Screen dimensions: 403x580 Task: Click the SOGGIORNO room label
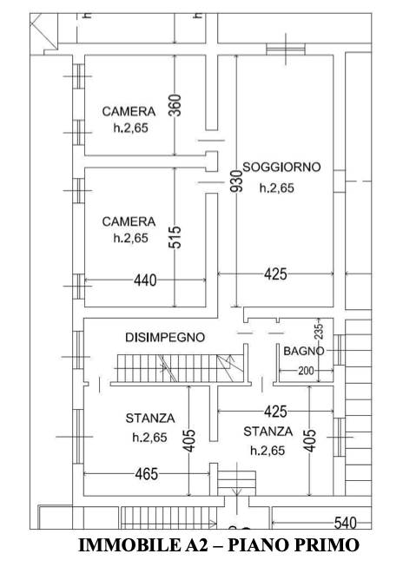281,168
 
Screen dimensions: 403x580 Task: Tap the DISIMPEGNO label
165,338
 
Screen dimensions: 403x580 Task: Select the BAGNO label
304,351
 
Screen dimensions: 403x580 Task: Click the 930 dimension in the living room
237,181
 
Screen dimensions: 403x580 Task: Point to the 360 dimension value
175,105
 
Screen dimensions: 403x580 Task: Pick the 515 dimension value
175,237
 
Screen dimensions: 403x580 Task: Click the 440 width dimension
145,280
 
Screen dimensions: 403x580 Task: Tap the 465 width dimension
147,474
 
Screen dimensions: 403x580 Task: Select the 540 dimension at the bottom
346,523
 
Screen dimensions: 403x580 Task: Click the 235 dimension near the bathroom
320,332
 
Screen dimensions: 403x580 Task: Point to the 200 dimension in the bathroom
306,370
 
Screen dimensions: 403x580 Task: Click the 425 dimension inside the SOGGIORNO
275,274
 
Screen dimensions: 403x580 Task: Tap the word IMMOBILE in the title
128,545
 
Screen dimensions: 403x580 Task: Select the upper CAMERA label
129,111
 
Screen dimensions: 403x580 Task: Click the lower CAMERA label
129,221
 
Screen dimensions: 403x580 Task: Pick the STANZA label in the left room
150,419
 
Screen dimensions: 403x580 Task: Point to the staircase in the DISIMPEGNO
181,368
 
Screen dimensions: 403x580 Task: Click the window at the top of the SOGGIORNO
286,49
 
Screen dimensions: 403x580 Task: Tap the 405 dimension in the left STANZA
189,440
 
